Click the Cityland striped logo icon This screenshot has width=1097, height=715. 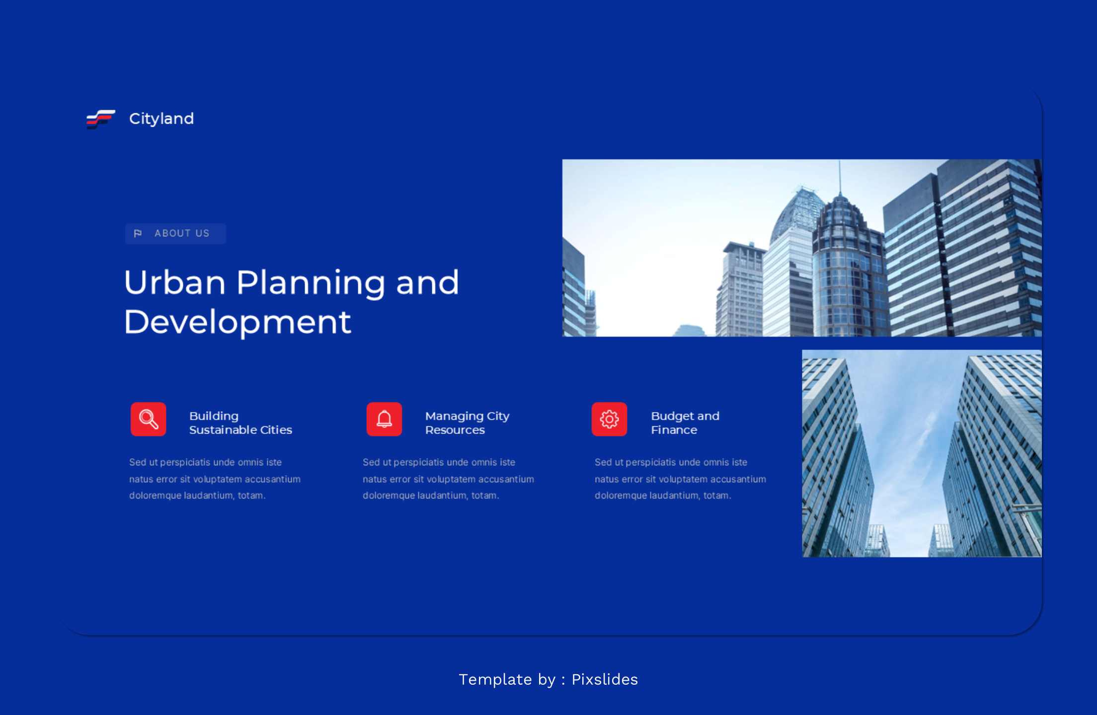(x=101, y=119)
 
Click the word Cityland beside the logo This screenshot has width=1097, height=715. (x=161, y=119)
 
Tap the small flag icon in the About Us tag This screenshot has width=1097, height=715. (x=138, y=233)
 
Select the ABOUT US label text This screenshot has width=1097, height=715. (x=182, y=233)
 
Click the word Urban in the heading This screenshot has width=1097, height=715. (x=175, y=283)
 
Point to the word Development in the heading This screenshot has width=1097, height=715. (x=237, y=322)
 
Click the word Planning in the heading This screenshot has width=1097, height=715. (x=311, y=283)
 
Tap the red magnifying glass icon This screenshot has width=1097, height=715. (x=149, y=420)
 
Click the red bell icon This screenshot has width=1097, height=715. (x=384, y=420)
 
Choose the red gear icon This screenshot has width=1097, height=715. (x=609, y=420)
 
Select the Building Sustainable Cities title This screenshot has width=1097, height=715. (x=240, y=423)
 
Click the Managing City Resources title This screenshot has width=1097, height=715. (x=467, y=423)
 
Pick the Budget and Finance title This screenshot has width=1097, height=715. (x=685, y=423)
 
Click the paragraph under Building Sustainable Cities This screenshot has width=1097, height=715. (x=215, y=479)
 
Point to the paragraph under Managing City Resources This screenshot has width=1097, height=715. (x=448, y=479)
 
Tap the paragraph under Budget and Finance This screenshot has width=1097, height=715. (x=680, y=479)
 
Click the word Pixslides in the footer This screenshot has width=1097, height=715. (x=605, y=680)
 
